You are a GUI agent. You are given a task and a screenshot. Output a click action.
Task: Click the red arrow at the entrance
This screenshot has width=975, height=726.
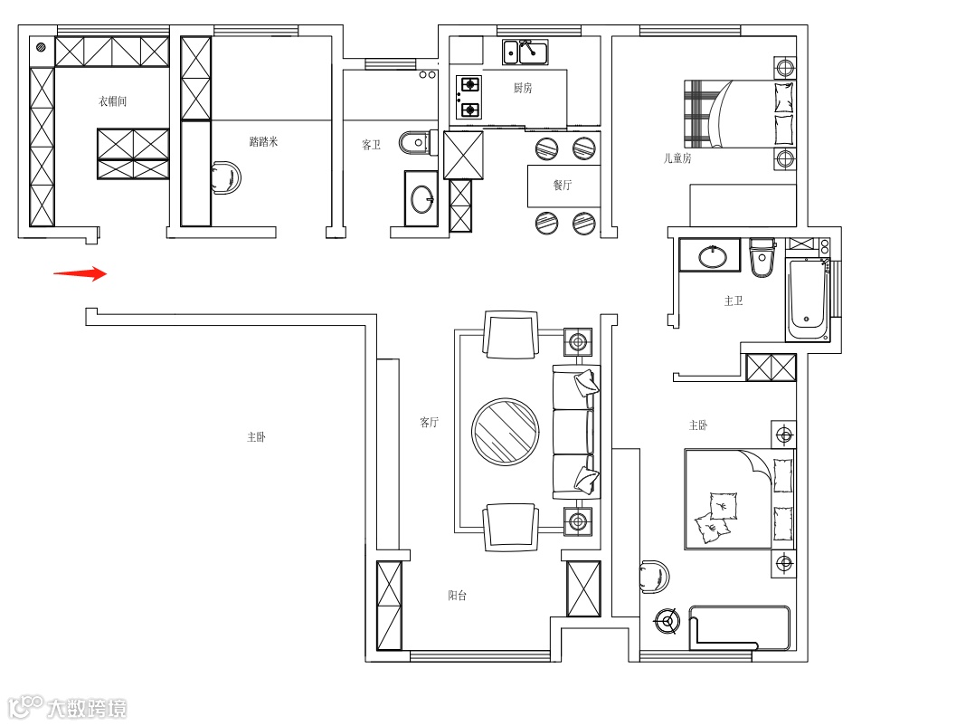click(x=81, y=273)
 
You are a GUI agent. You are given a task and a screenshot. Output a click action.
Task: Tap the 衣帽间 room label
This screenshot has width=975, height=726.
click(x=112, y=101)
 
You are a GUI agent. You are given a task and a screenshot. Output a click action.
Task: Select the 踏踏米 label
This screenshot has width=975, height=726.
click(x=263, y=141)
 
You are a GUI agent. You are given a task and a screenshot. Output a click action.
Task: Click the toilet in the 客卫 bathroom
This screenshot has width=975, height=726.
click(x=415, y=140)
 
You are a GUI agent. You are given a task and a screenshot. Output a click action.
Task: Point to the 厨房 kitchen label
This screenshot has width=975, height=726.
click(x=522, y=89)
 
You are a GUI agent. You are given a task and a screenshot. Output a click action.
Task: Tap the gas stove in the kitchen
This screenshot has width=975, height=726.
click(x=469, y=97)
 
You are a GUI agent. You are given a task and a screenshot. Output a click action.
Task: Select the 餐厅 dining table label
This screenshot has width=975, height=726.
click(x=563, y=185)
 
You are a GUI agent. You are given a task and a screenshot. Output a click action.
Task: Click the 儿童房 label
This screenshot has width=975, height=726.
click(x=677, y=158)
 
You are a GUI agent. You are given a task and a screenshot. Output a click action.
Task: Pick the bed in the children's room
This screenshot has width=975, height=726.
click(x=740, y=114)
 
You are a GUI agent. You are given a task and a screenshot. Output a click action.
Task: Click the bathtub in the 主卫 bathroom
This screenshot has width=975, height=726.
click(x=807, y=299)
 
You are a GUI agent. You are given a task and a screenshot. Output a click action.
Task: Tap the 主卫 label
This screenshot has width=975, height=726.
click(x=733, y=301)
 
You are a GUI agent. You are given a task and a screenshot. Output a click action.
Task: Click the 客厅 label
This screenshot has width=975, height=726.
click(x=429, y=422)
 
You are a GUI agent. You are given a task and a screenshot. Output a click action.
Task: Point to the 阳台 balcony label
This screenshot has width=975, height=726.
click(x=458, y=596)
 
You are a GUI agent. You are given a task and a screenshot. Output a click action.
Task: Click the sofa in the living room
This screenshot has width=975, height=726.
click(x=576, y=432)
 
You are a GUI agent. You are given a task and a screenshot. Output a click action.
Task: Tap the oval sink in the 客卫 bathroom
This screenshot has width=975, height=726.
click(x=421, y=199)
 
